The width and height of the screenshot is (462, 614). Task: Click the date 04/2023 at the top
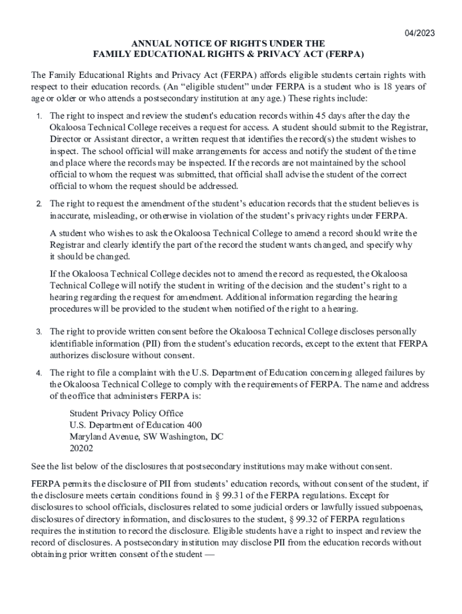[419, 33]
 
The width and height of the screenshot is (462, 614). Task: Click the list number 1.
[37, 116]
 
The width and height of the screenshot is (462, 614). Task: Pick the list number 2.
[37, 204]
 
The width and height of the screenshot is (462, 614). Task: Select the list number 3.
[37, 332]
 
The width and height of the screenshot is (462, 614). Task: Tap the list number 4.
[37, 374]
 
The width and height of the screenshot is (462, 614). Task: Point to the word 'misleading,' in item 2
[108, 215]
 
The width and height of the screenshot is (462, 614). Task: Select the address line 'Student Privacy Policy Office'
[127, 413]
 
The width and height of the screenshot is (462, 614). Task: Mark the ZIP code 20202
[82, 448]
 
